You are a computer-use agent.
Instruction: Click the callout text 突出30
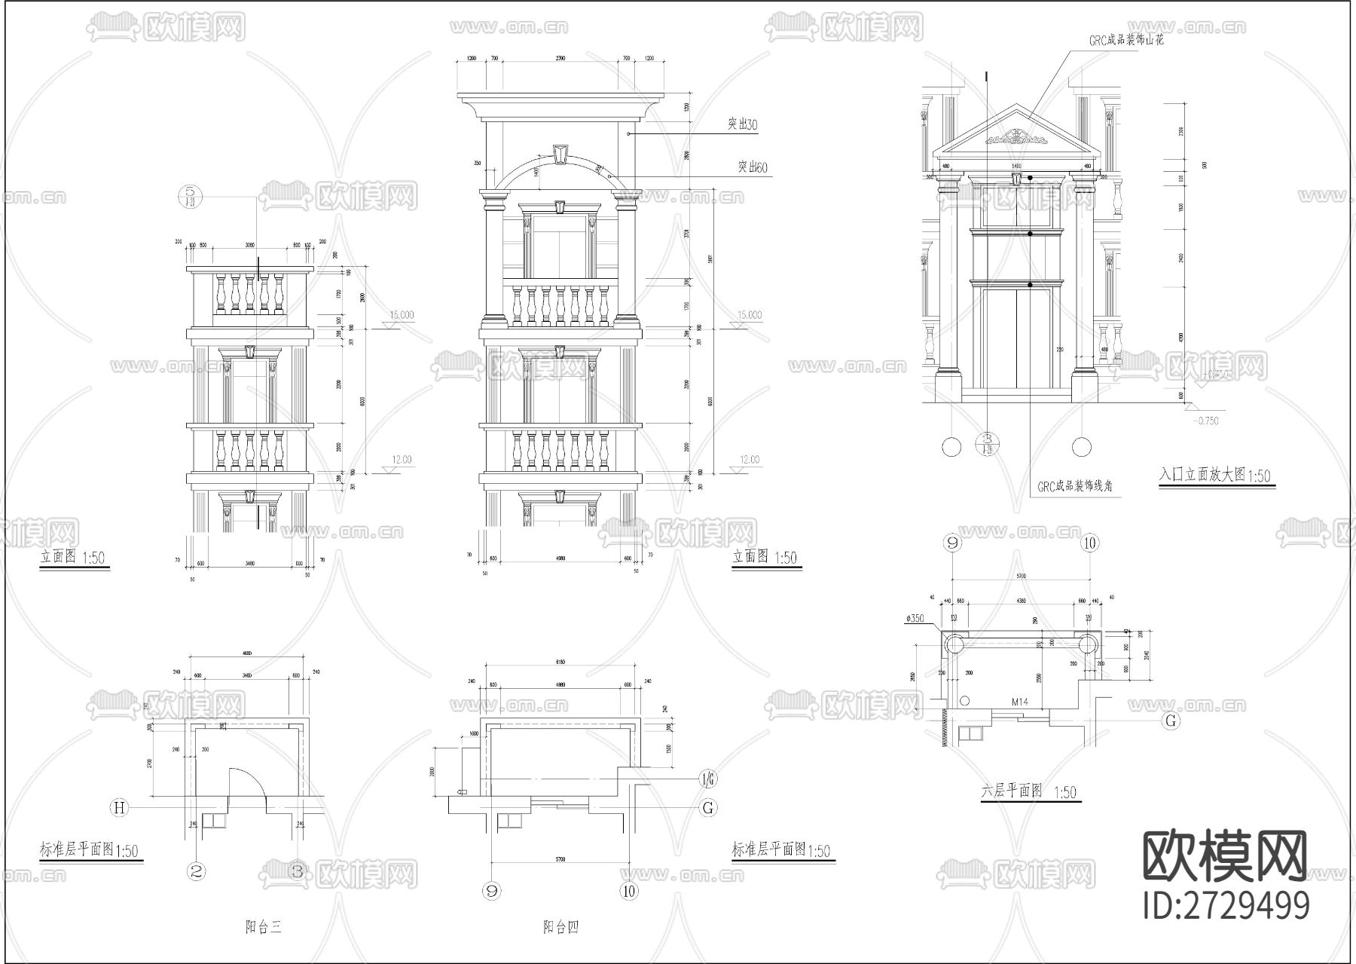(x=742, y=124)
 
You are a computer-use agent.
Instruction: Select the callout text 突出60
(x=751, y=167)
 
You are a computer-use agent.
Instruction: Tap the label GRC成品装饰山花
(x=1125, y=41)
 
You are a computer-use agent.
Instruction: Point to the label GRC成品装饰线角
(x=1074, y=487)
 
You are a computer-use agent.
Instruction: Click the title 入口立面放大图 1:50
(x=1214, y=476)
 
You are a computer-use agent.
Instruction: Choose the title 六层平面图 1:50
(x=1028, y=791)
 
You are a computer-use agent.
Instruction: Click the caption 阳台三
(x=263, y=927)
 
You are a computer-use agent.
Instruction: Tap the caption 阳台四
(x=560, y=927)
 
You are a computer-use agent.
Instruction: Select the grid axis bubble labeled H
(x=118, y=808)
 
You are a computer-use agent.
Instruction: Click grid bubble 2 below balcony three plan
(x=197, y=872)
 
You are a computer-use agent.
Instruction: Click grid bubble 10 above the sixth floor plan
(x=1090, y=543)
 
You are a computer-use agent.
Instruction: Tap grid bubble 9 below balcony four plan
(x=492, y=891)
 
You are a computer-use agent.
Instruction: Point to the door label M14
(x=1020, y=702)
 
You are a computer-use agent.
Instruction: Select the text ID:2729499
(x=1226, y=905)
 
